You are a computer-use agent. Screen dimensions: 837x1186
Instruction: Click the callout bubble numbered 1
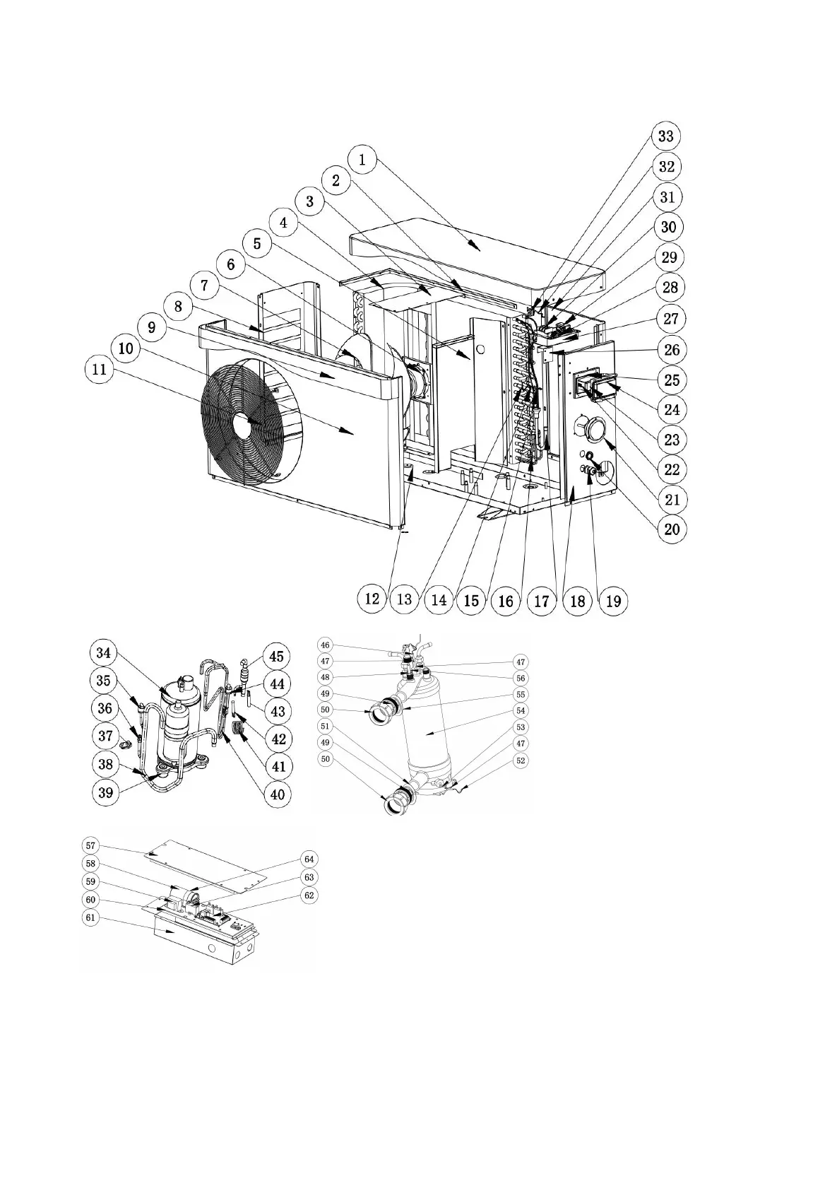(x=362, y=160)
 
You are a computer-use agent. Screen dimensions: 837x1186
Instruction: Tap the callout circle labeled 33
(x=666, y=136)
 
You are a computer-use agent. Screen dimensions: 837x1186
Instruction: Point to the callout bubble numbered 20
(x=672, y=529)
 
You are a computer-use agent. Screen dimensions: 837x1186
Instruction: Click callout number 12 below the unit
(x=372, y=600)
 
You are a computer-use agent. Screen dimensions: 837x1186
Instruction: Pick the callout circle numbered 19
(x=613, y=600)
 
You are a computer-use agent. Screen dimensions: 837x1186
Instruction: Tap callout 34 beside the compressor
(x=104, y=652)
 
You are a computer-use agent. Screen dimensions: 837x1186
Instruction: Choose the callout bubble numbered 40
(x=278, y=794)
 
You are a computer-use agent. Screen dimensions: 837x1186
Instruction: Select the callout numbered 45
(x=277, y=656)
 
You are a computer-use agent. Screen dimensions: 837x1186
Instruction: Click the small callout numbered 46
(x=325, y=645)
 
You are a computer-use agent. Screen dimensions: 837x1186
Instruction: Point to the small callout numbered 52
(x=521, y=761)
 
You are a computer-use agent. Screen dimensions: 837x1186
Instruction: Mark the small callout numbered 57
(x=91, y=845)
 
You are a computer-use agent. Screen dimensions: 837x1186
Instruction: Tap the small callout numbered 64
(x=309, y=859)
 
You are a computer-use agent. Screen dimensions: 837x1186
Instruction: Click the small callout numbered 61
(x=91, y=917)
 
